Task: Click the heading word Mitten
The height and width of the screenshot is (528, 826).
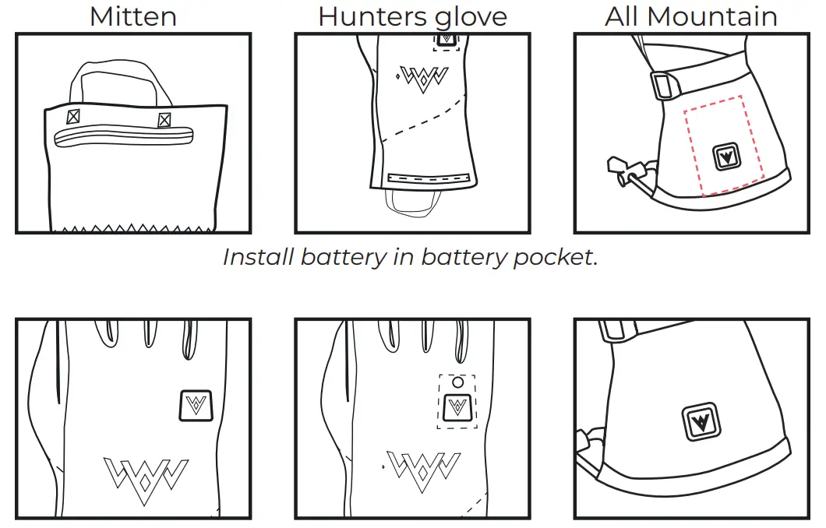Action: (132, 16)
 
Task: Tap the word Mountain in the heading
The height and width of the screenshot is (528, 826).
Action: (716, 16)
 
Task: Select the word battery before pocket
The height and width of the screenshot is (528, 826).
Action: (464, 257)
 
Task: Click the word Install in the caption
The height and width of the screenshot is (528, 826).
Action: (259, 257)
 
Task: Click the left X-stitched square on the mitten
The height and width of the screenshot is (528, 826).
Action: (73, 118)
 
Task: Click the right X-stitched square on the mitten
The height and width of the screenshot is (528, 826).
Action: (164, 120)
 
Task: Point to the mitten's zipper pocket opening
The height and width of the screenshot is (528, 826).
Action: (123, 138)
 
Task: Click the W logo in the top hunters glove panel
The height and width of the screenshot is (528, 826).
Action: (422, 78)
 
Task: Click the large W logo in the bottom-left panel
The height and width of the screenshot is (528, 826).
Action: (146, 474)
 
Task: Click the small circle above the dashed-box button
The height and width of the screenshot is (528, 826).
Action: (458, 382)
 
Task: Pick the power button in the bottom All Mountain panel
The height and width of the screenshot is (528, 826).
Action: (704, 422)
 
